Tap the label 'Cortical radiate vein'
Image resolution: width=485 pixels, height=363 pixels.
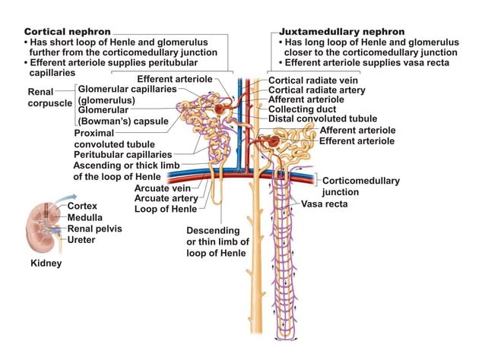[315, 80]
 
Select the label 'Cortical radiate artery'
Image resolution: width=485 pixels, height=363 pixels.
[318, 90]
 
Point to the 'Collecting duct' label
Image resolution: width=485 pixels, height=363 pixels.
[302, 109]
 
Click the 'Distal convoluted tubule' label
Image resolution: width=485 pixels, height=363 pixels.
[322, 118]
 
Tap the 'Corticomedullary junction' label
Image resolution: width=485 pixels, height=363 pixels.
[360, 186]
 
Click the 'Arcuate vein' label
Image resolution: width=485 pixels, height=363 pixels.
[161, 188]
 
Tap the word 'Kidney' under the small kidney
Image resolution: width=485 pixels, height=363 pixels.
[46, 264]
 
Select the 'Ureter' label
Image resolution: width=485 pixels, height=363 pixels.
[81, 239]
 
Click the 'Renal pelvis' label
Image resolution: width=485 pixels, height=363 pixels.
[94, 228]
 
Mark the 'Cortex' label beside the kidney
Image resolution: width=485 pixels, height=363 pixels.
[82, 206]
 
